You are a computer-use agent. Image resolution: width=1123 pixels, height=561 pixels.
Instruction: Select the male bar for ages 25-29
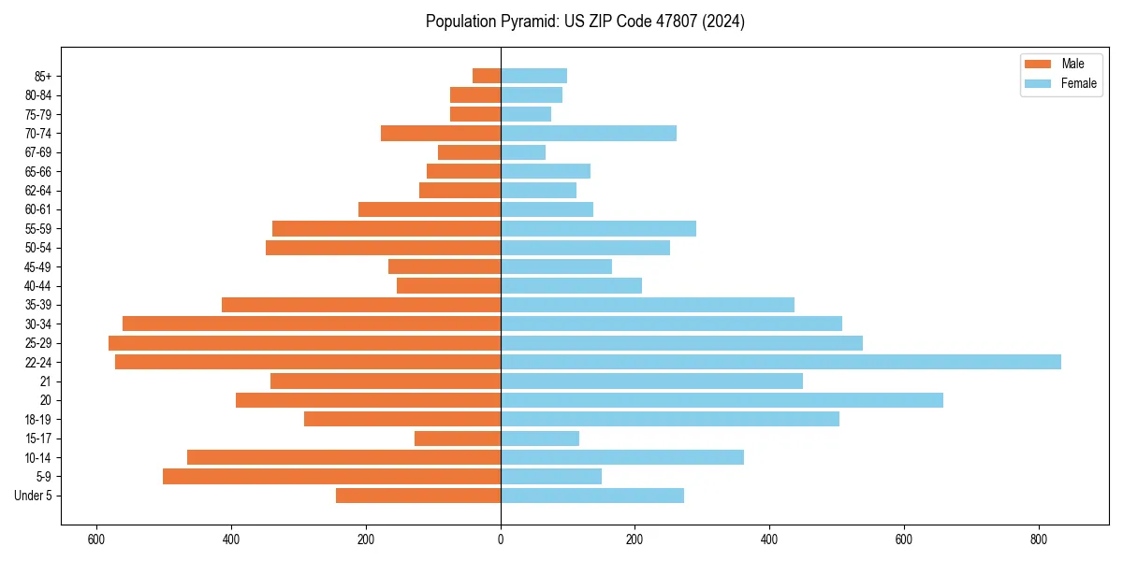pyautogui.click(x=305, y=343)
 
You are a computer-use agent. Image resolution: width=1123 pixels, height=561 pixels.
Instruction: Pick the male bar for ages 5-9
pyautogui.click(x=332, y=477)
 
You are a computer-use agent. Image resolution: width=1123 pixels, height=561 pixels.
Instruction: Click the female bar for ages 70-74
pyautogui.click(x=589, y=134)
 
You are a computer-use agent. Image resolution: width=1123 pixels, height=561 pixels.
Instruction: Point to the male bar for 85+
pyautogui.click(x=487, y=76)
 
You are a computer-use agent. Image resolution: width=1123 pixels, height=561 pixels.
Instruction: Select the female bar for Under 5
pyautogui.click(x=592, y=496)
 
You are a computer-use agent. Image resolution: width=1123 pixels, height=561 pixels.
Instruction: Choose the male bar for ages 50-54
pyautogui.click(x=384, y=248)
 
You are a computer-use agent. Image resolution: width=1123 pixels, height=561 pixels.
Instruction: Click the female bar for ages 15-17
pyautogui.click(x=540, y=439)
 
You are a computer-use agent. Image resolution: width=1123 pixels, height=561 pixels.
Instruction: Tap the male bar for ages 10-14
pyautogui.click(x=344, y=457)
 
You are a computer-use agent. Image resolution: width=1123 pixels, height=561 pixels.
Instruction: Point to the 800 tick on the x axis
pyautogui.click(x=1038, y=539)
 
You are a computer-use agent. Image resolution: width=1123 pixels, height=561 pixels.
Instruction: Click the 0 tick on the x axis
pyautogui.click(x=501, y=539)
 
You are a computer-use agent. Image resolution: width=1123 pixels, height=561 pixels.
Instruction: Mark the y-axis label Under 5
pyautogui.click(x=33, y=496)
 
